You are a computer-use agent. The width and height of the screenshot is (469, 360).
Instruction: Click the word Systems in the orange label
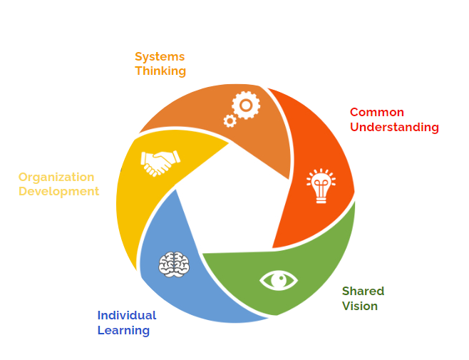[x=160, y=56]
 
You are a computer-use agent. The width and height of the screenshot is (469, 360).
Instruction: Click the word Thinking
[x=160, y=71]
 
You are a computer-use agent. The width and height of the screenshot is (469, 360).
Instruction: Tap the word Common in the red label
[x=376, y=113]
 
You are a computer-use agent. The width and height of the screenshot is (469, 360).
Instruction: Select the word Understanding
[x=394, y=128]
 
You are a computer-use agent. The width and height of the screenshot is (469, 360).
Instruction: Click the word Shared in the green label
[x=363, y=292]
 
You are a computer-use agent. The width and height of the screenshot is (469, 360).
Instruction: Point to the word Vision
[x=360, y=307]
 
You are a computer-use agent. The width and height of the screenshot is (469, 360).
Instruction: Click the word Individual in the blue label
[x=127, y=315]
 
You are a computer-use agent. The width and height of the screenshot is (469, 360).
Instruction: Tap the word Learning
[x=123, y=330]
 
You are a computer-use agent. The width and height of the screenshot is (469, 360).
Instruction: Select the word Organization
[x=56, y=177]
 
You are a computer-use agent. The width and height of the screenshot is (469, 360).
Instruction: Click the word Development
[x=59, y=192]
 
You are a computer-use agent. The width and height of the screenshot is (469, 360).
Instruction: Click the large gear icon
[x=246, y=106]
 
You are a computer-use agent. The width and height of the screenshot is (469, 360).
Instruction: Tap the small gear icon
[x=230, y=121]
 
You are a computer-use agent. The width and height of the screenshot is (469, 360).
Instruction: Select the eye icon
[x=279, y=279]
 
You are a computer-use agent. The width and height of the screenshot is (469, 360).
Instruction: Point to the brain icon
[x=174, y=264]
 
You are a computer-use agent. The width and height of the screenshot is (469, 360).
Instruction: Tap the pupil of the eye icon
[x=279, y=279]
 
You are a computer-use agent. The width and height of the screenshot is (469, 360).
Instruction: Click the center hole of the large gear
[x=246, y=106]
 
